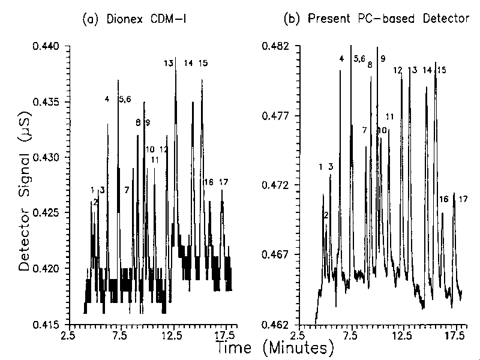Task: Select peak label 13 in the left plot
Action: [169, 63]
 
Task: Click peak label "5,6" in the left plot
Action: [125, 99]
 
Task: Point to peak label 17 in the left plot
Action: [223, 182]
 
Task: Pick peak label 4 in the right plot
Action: [341, 58]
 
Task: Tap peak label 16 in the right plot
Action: [444, 199]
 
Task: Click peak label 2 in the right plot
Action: [326, 215]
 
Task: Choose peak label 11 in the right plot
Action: [390, 116]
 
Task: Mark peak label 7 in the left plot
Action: [127, 190]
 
